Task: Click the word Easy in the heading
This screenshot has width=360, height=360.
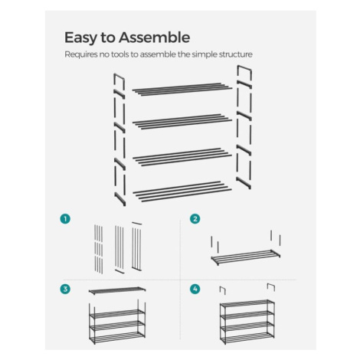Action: tap(80, 38)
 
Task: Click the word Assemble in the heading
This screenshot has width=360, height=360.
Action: tap(154, 38)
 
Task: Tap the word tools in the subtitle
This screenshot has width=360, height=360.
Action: tap(119, 54)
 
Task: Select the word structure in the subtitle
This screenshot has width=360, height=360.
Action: tap(236, 54)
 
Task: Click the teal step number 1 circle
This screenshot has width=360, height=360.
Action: tap(65, 219)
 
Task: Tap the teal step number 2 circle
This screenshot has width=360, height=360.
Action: tap(195, 219)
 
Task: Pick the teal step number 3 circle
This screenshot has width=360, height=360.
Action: tap(65, 289)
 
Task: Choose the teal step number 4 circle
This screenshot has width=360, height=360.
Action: tap(195, 289)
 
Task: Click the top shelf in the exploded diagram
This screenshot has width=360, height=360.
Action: tap(182, 89)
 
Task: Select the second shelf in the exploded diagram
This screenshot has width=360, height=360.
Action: tap(182, 122)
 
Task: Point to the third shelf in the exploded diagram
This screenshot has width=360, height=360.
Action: tap(182, 157)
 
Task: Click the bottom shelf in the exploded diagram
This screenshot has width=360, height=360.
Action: tap(182, 191)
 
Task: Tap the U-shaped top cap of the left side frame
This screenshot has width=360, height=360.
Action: tap(119, 77)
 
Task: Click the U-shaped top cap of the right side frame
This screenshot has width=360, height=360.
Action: tap(244, 67)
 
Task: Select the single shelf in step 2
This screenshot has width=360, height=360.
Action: tap(246, 257)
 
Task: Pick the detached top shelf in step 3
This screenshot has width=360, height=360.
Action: tap(117, 290)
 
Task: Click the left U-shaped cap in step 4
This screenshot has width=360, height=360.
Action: tap(223, 288)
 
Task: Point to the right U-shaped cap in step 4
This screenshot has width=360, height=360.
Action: tap(271, 284)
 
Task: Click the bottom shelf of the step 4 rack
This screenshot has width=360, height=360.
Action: tap(247, 338)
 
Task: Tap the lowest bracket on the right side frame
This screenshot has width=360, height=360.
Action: tap(244, 183)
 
